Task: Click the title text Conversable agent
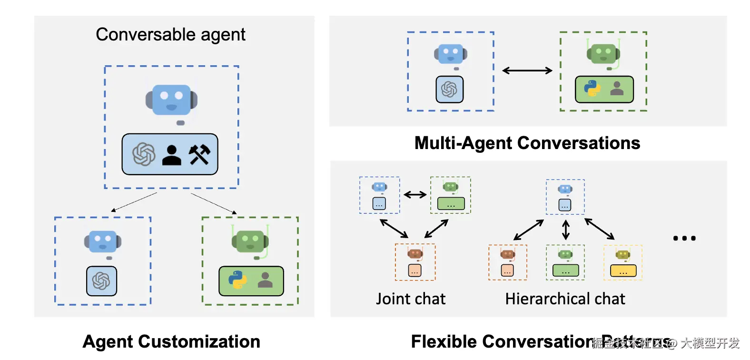coord(170,34)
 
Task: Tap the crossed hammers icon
coord(199,154)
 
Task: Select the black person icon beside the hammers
coord(172,155)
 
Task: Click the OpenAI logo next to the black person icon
coord(144,154)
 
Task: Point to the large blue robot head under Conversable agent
coord(171,100)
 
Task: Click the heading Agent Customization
coord(171,341)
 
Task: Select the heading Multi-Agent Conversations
coord(527,143)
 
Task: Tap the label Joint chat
coord(411,299)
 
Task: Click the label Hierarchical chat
coord(565,299)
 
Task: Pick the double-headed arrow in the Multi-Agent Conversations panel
coord(527,70)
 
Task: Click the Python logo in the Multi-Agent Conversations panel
coord(592,88)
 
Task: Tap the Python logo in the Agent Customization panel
coord(237,280)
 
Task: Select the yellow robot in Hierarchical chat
coord(622,255)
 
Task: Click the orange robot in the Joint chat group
coord(415,253)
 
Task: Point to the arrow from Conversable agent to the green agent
coord(214,203)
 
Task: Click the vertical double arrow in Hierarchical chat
coord(566,230)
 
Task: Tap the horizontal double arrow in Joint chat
coord(415,194)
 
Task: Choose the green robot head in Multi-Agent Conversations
coord(603,53)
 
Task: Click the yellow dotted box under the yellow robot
coord(623,271)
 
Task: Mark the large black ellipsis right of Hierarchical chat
coord(684,238)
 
